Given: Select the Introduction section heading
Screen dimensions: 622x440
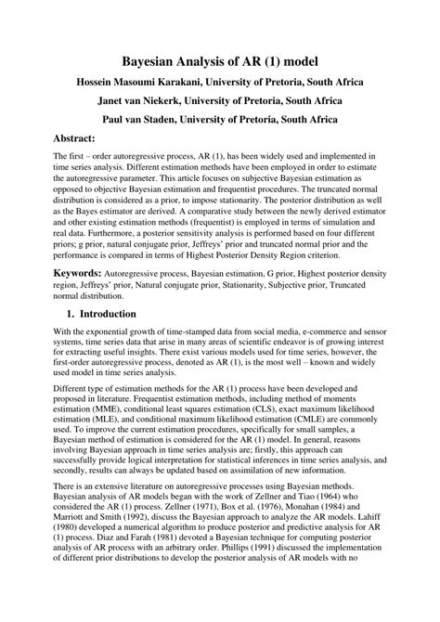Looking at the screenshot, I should (104, 315).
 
